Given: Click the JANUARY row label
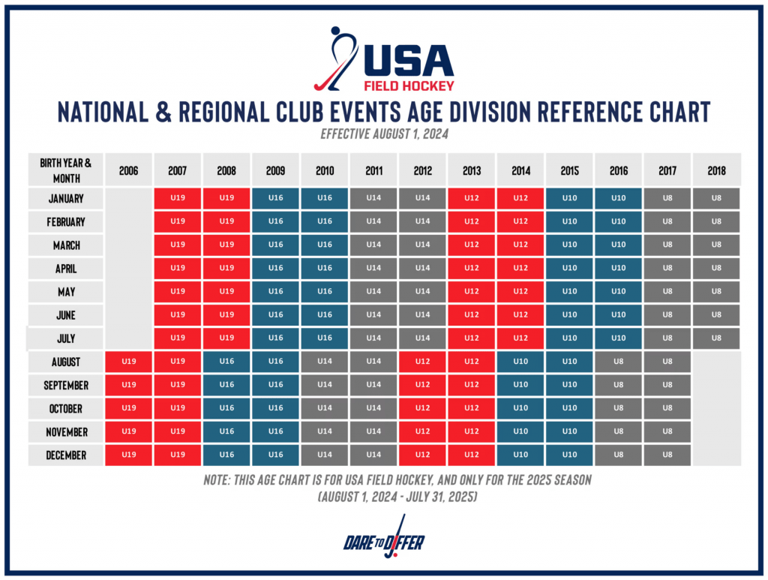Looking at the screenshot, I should coord(66,199).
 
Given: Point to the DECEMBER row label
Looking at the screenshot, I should coord(66,455).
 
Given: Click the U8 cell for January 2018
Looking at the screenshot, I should coord(716,199).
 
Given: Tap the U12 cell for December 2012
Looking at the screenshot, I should coord(423,455).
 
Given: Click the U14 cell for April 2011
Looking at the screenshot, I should coord(373,269).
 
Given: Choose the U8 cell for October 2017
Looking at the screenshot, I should coord(667,409).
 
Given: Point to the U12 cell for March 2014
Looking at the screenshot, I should coord(520,245).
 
